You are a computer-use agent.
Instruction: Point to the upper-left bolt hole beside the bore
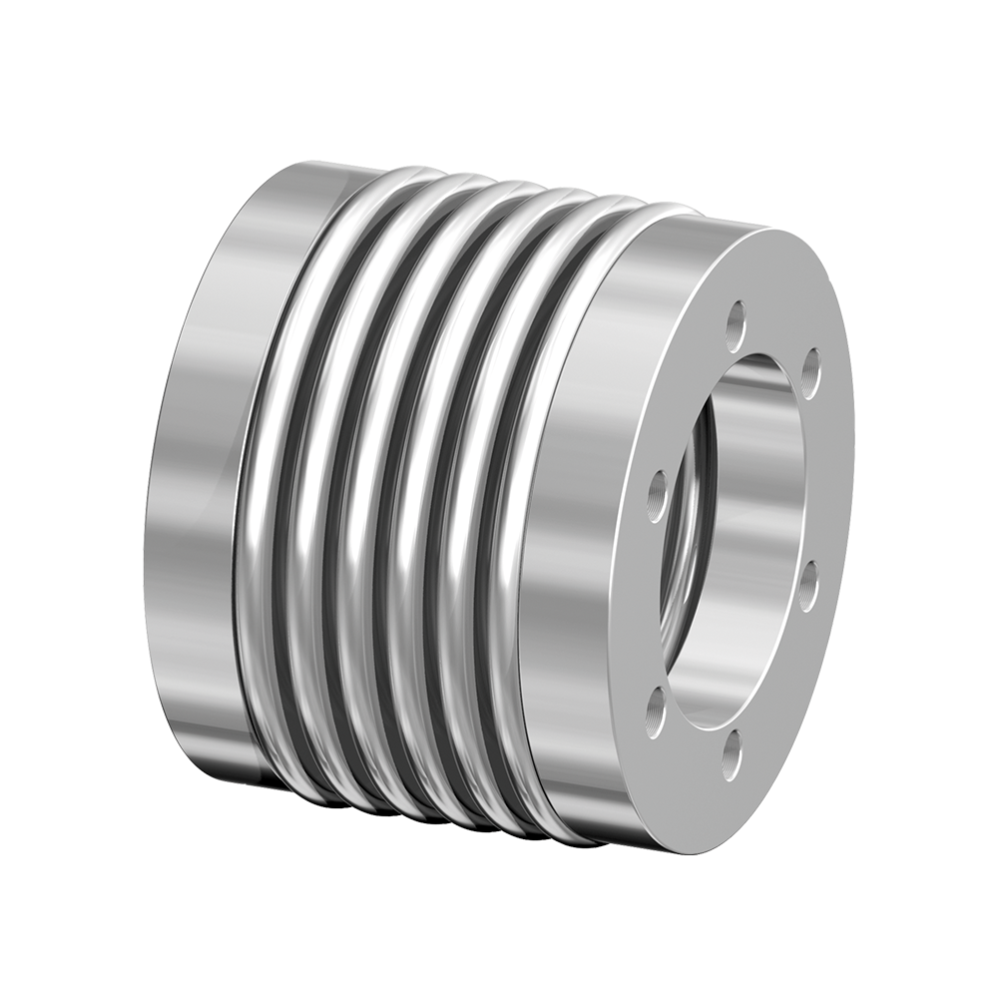(x=658, y=489)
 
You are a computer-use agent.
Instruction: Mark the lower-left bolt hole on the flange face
(x=655, y=710)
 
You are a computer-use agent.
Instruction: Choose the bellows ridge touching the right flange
(x=499, y=519)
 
